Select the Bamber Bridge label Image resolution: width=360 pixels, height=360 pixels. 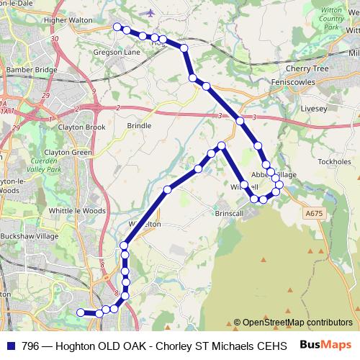(31, 70)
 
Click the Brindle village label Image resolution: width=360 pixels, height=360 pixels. (139, 125)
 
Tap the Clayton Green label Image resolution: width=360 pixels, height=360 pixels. (68, 153)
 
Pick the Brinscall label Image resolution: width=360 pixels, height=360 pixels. (230, 213)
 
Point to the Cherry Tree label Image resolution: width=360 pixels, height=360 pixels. (307, 68)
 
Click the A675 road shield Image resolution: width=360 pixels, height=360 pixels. (314, 213)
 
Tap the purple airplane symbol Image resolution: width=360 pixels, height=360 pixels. (150, 12)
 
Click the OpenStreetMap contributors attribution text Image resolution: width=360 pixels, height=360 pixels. (293, 322)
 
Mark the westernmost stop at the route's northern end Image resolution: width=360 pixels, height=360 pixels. (117, 27)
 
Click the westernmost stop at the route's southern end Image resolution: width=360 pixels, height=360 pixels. (81, 312)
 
